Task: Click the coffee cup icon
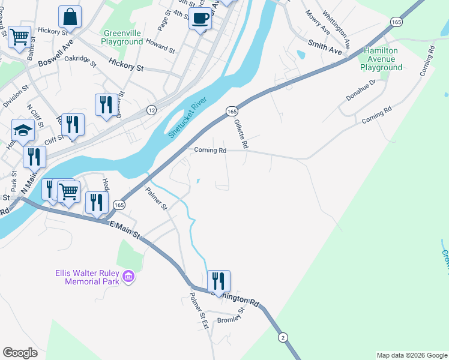tap(200, 18)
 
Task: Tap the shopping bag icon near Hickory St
tap(70, 18)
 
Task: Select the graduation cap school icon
tap(23, 130)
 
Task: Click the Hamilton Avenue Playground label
tap(381, 59)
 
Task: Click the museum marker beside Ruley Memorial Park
tap(127, 277)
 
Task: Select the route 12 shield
tap(152, 110)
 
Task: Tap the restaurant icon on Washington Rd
tap(218, 281)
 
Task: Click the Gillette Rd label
tap(241, 133)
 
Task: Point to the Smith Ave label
tap(325, 48)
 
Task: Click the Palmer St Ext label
tap(198, 310)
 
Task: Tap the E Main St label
tap(124, 229)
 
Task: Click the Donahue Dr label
tap(360, 90)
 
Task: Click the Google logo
tap(20, 352)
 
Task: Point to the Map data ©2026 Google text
tap(411, 355)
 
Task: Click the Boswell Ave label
tap(55, 58)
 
